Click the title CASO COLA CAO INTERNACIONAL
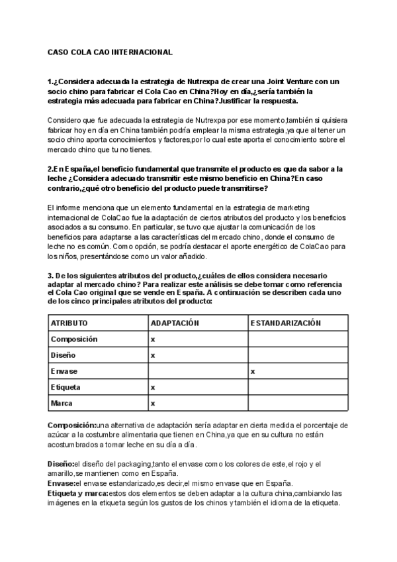[x=110, y=52]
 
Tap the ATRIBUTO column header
[x=69, y=323]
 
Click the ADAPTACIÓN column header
[x=175, y=323]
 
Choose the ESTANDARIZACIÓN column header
[x=286, y=323]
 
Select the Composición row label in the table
[x=74, y=339]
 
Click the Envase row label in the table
[x=64, y=371]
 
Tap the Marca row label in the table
[x=62, y=403]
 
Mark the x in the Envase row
[x=253, y=371]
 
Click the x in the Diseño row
[x=153, y=355]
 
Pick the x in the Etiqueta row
[x=153, y=387]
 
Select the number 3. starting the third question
[x=50, y=275]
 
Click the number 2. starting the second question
[x=51, y=169]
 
